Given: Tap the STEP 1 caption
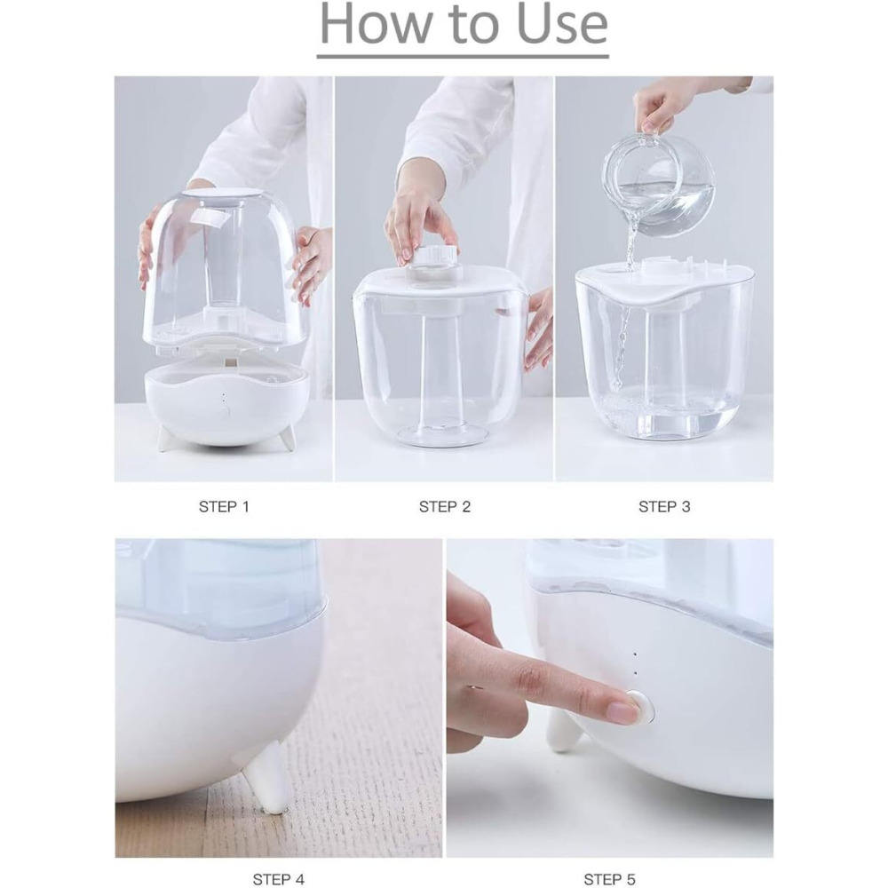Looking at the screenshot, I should click(224, 507).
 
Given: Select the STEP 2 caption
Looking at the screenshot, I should click(444, 507).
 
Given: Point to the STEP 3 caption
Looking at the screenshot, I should click(663, 507).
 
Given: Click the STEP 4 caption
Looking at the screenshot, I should click(278, 879).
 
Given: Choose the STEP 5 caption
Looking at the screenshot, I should click(608, 879).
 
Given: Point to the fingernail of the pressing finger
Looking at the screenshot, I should click(623, 710).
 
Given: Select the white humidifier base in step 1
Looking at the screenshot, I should click(226, 404).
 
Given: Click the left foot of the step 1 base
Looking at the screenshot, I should click(164, 438).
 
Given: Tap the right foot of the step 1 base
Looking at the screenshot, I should click(288, 438).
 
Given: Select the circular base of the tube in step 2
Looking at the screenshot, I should click(441, 435).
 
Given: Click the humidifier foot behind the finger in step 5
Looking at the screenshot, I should click(562, 730).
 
